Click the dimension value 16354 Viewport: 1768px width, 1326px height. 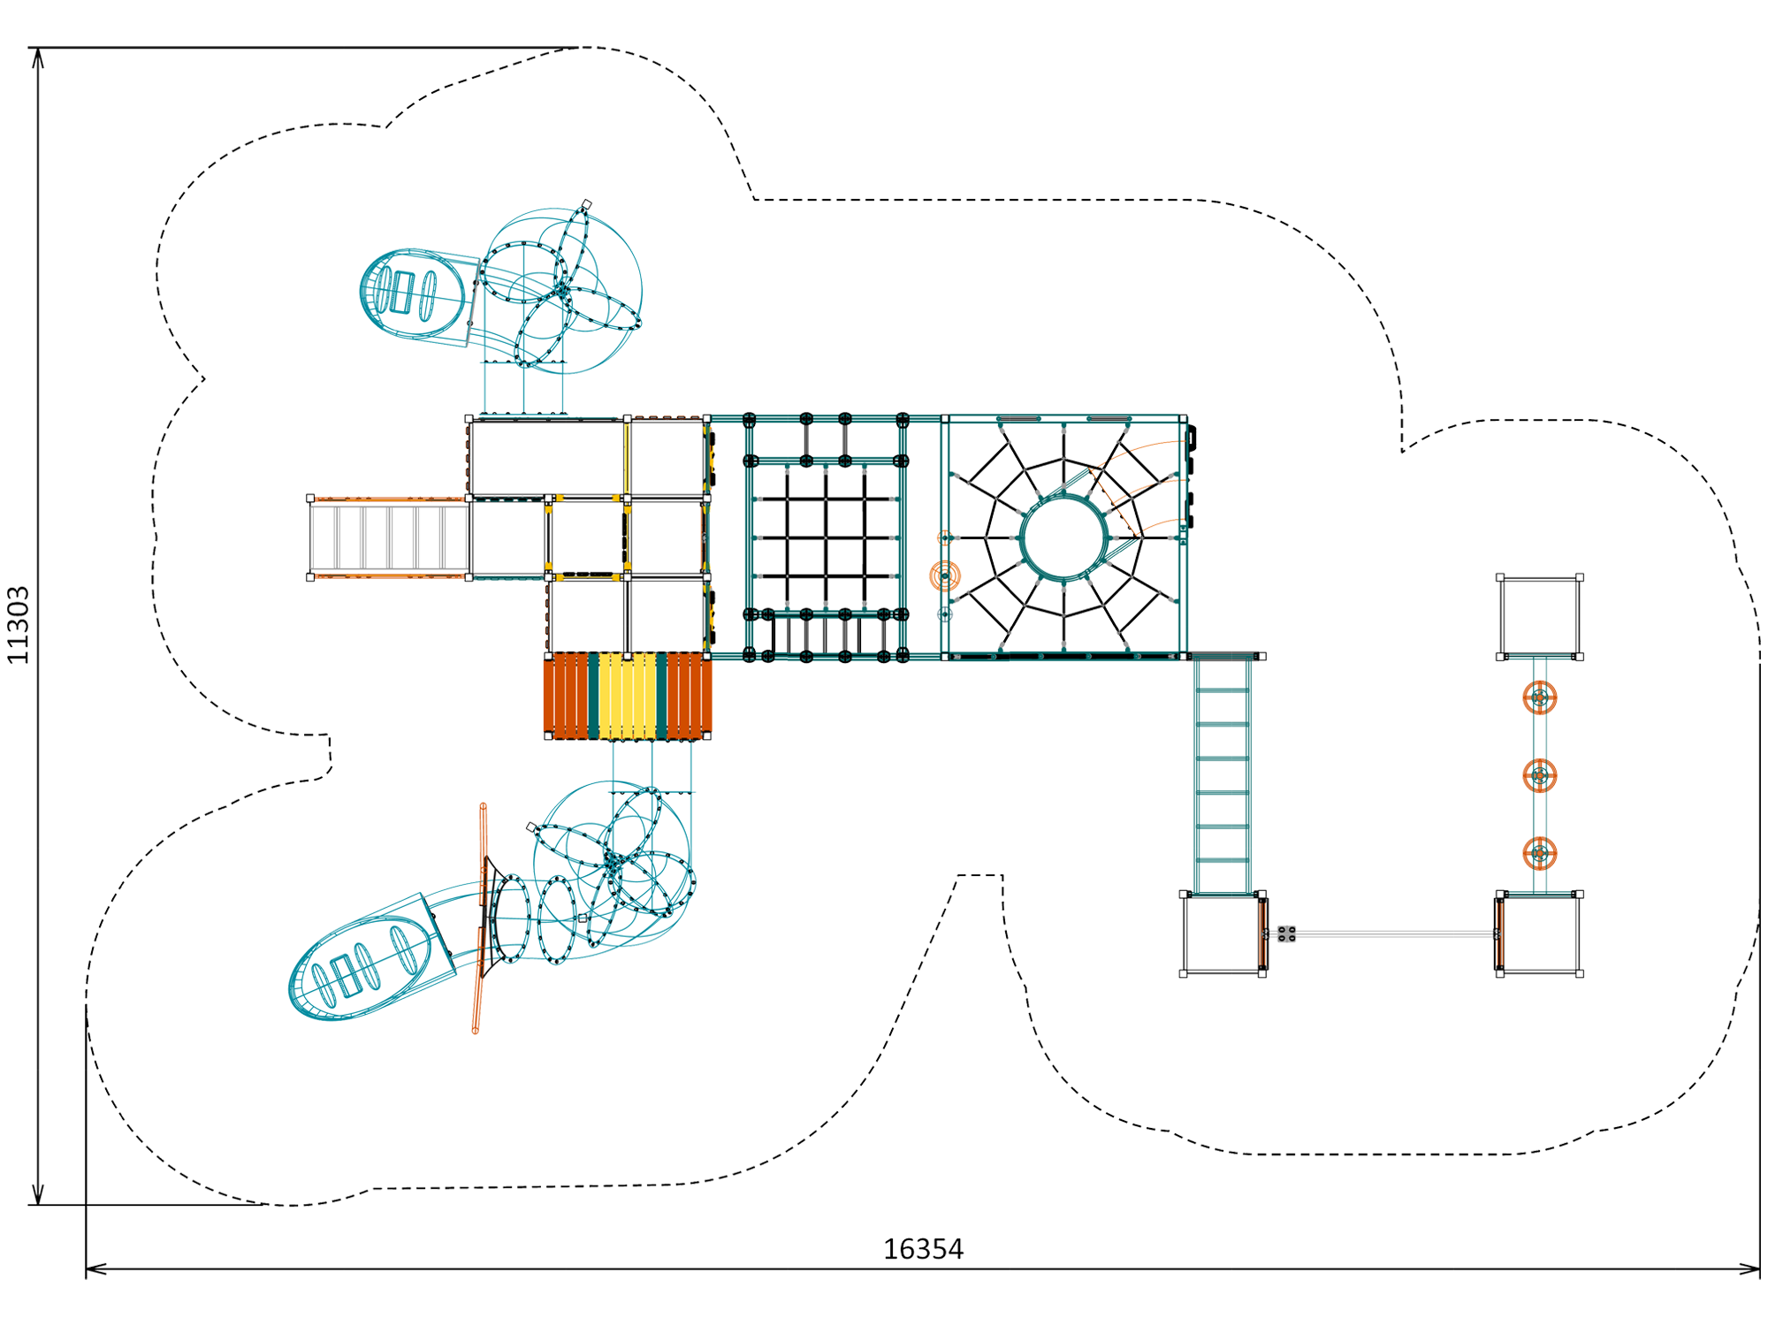click(x=923, y=1249)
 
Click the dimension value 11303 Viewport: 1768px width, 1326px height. click(x=19, y=624)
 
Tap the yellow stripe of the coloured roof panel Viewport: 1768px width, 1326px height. click(x=628, y=696)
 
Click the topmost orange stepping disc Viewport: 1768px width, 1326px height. click(x=1540, y=697)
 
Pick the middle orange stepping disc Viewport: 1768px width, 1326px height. click(x=1540, y=775)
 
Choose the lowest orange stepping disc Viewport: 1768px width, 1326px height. click(x=1540, y=853)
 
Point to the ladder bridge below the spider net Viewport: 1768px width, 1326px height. click(x=1223, y=775)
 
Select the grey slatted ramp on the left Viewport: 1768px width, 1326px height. click(x=390, y=537)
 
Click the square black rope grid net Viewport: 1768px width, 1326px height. click(x=826, y=537)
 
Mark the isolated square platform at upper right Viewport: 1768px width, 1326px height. click(x=1540, y=617)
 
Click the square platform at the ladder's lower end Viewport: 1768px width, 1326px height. click(x=1223, y=934)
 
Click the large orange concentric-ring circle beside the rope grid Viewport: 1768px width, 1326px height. click(x=945, y=575)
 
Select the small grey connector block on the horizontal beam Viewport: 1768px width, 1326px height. click(x=1287, y=934)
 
